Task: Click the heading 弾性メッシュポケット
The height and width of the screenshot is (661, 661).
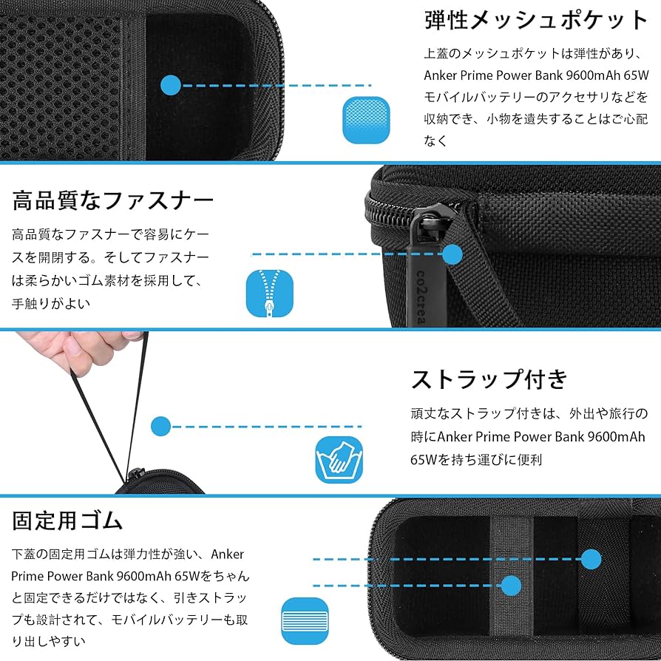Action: (x=536, y=20)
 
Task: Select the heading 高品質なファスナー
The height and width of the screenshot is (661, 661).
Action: (x=112, y=200)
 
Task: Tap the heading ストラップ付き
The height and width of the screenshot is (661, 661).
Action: (x=489, y=379)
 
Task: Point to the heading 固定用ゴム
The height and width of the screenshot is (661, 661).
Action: (x=67, y=521)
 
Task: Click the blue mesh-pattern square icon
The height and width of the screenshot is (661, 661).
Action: (x=365, y=118)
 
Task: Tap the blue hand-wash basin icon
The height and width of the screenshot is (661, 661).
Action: (x=339, y=458)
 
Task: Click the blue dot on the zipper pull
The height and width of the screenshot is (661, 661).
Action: (x=452, y=255)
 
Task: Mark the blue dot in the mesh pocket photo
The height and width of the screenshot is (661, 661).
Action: (x=171, y=85)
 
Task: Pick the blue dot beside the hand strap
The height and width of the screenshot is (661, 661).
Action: (x=160, y=426)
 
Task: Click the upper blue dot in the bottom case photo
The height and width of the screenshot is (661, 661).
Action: (x=590, y=559)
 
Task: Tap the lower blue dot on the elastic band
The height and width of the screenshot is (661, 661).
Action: (x=511, y=586)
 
